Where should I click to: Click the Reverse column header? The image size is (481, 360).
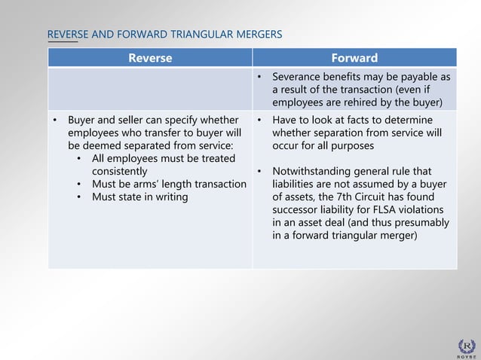[150, 58]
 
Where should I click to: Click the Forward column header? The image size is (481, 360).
[354, 58]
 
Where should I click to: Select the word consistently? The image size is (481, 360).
[120, 171]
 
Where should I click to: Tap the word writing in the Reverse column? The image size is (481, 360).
[170, 197]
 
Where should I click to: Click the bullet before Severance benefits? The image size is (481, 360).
[259, 78]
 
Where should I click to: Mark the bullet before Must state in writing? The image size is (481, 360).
[81, 197]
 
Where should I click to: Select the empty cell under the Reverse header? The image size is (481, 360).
[150, 89]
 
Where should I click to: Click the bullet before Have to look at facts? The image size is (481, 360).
[259, 120]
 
